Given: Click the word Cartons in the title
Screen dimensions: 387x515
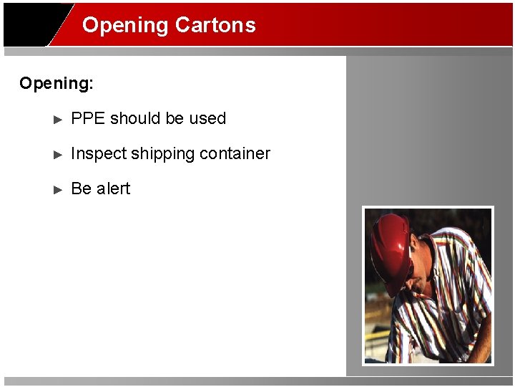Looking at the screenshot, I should tap(215, 25).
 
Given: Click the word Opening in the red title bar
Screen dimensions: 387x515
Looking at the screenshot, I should tap(125, 26).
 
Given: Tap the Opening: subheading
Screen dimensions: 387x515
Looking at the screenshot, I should tap(57, 84).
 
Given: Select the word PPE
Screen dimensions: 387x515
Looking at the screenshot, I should tap(89, 119).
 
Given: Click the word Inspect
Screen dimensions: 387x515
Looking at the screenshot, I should tap(99, 154).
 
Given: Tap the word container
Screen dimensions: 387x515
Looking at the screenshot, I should tap(235, 154).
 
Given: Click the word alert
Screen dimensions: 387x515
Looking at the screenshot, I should tap(113, 189).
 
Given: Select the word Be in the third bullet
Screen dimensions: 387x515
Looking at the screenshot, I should tap(82, 189).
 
